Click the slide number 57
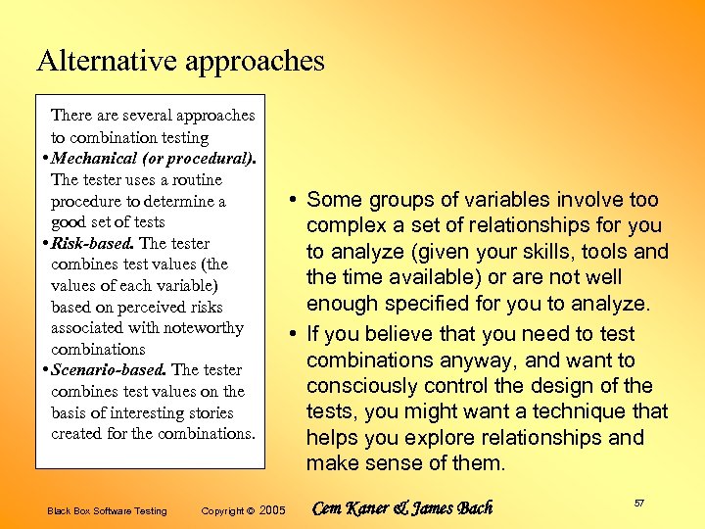click(x=638, y=504)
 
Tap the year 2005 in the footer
click(x=271, y=510)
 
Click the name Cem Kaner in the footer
click(x=351, y=508)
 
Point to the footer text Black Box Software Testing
click(x=107, y=510)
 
